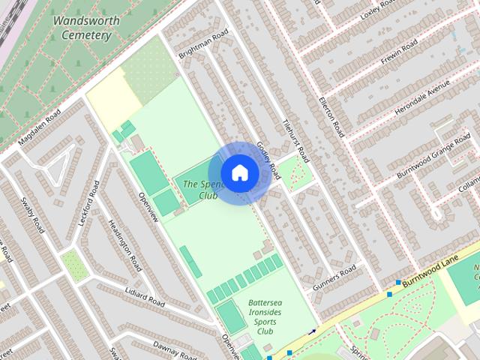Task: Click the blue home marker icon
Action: pyautogui.click(x=239, y=172)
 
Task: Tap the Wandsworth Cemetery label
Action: pyautogui.click(x=86, y=27)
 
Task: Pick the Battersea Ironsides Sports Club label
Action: pyautogui.click(x=265, y=316)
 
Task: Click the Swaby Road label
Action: pyautogui.click(x=31, y=213)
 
